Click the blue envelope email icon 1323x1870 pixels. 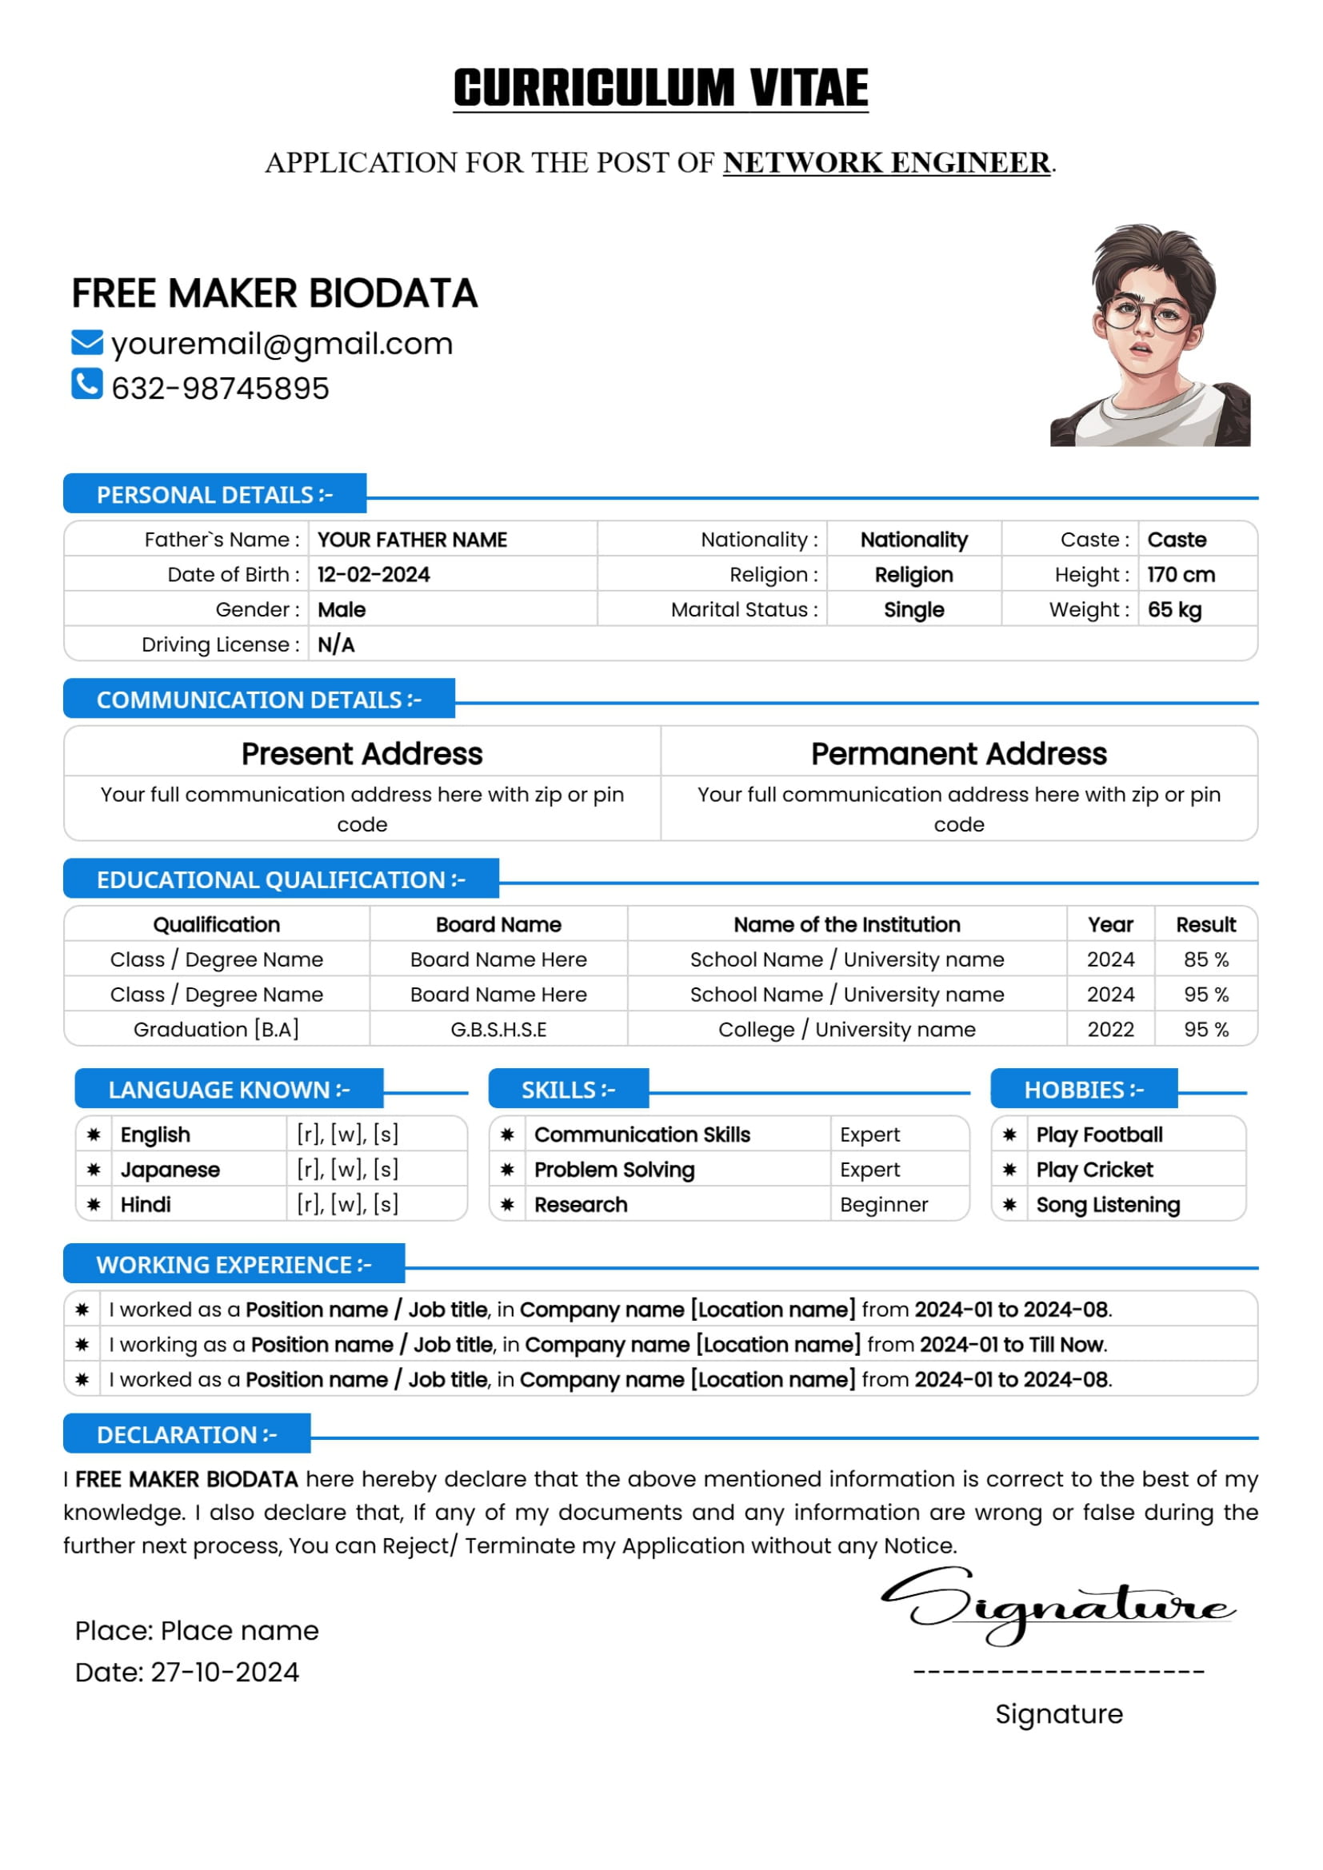click(87, 343)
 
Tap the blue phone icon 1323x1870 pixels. click(87, 384)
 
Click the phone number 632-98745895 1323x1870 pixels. click(220, 389)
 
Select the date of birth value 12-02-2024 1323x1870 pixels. click(373, 575)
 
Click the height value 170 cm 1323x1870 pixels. click(1181, 575)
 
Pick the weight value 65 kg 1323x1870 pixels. click(1174, 610)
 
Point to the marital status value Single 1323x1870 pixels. click(913, 610)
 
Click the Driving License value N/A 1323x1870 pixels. click(336, 645)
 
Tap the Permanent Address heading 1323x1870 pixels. click(958, 754)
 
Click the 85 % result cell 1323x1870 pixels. click(1205, 959)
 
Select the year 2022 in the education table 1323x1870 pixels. click(1110, 1030)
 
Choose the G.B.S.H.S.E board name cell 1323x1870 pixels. click(498, 1030)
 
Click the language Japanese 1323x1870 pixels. click(170, 1170)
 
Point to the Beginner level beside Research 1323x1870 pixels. click(884, 1205)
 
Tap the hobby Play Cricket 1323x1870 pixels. click(1094, 1170)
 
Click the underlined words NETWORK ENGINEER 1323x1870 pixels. click(886, 163)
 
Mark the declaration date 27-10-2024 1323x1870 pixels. click(225, 1672)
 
